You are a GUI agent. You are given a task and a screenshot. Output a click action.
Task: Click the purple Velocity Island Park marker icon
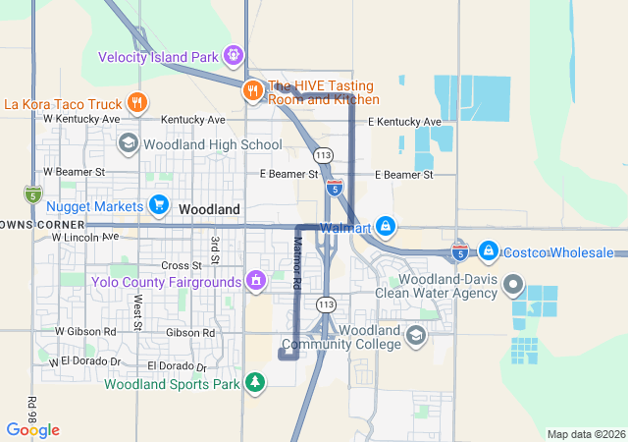coord(234,55)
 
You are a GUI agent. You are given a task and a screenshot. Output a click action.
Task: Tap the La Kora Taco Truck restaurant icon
coord(137,102)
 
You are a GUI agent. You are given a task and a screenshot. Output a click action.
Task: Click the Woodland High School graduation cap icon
coord(129,144)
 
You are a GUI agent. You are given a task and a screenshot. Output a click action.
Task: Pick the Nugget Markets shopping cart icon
coord(158,204)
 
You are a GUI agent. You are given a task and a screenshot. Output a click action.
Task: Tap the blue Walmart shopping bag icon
coord(387,227)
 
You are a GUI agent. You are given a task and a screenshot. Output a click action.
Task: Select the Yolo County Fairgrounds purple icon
coord(256,282)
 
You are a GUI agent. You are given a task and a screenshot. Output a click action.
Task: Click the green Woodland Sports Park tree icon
coord(255,381)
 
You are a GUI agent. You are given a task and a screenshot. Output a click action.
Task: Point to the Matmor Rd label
coord(296,262)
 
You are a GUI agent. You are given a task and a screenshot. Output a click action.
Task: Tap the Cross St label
coord(181,265)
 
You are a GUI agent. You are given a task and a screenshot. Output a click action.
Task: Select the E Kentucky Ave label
coord(404,122)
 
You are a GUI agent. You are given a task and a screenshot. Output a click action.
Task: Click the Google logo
coord(32,429)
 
